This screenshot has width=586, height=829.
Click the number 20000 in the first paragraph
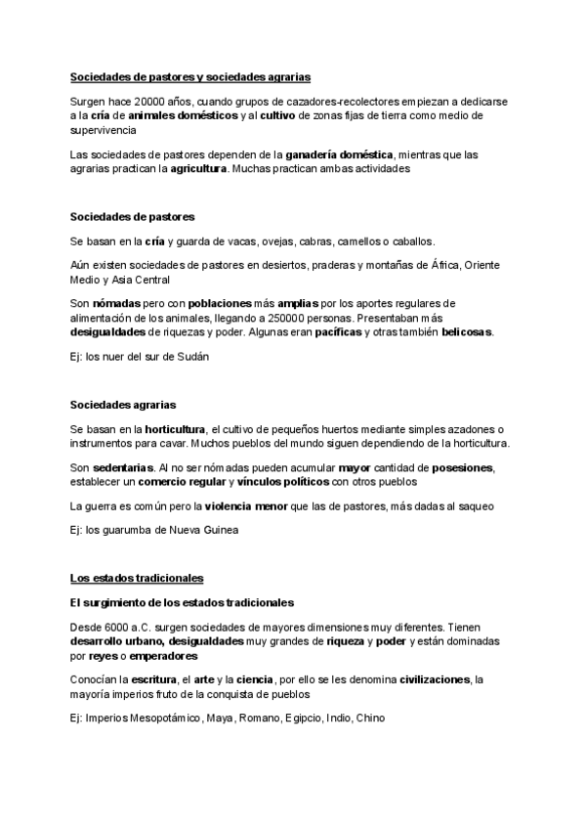[x=146, y=102]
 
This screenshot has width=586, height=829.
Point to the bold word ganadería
[x=318, y=154]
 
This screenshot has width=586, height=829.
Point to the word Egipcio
[x=303, y=718]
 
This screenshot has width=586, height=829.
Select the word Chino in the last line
[x=370, y=718]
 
